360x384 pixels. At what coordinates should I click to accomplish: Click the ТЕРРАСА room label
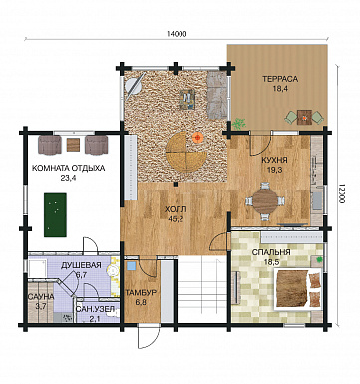pos(280,79)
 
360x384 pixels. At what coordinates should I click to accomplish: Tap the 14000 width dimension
pos(177,34)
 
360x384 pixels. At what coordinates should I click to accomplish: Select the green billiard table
pos(55,215)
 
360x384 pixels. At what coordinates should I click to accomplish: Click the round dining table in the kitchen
pos(265,201)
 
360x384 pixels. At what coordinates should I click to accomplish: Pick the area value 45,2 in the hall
pos(176,218)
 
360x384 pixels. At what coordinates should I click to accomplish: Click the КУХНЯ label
pos(274,161)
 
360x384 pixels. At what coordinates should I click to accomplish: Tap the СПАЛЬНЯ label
pos(271,252)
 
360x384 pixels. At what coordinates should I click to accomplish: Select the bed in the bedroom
pos(298,289)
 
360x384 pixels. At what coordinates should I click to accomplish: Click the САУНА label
pos(41,296)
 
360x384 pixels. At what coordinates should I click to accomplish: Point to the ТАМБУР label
pos(141,293)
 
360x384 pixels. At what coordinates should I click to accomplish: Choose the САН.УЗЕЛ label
pos(95,309)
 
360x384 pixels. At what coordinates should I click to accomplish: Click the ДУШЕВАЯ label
pos(81,265)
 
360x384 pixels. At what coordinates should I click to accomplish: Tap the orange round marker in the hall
pos(198,137)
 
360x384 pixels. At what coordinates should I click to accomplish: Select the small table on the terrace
pos(304,117)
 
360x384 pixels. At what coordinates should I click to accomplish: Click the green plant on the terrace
pos(238,123)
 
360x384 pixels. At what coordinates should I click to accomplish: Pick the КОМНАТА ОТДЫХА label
pos(68,168)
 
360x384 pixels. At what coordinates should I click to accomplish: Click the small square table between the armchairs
pos(73,145)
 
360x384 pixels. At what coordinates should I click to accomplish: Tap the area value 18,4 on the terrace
pos(280,89)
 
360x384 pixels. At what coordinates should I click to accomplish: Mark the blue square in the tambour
pos(132,266)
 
